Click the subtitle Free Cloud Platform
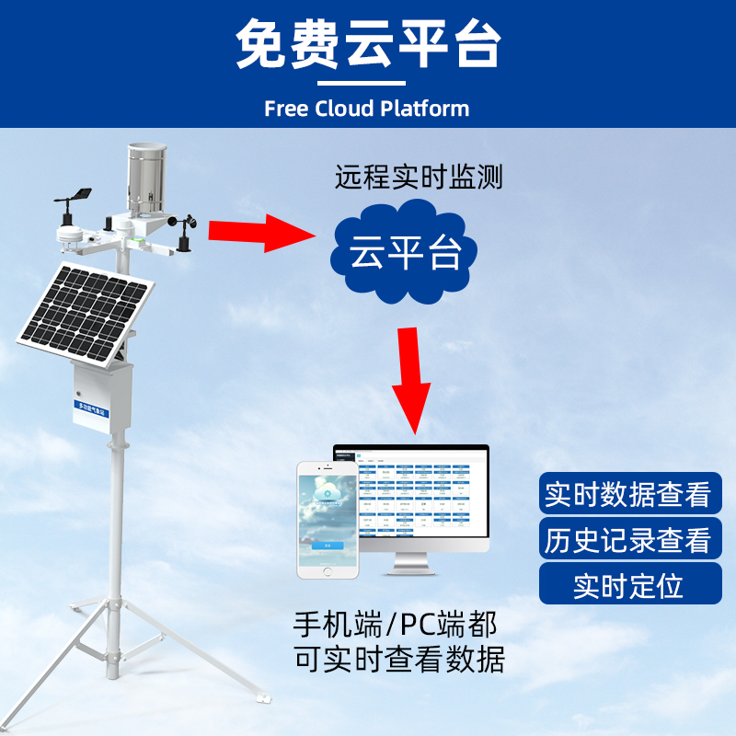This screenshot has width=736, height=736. pyautogui.click(x=366, y=109)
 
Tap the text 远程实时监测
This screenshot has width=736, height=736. pyautogui.click(x=419, y=178)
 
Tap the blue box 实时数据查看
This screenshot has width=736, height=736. pyautogui.click(x=628, y=494)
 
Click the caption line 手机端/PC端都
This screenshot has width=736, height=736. pyautogui.click(x=396, y=626)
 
